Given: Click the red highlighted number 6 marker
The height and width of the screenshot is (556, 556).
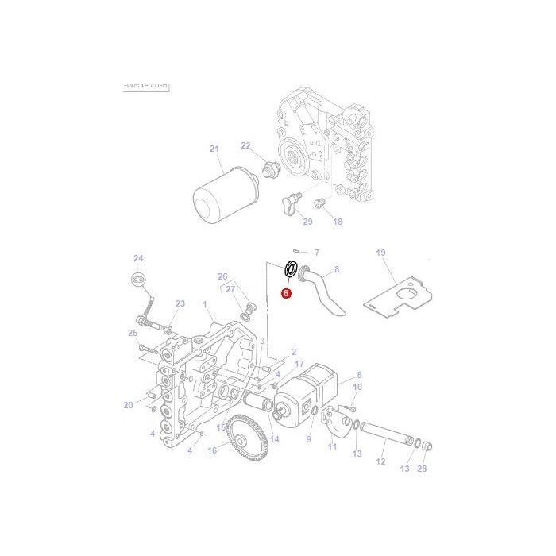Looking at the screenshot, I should [286, 293].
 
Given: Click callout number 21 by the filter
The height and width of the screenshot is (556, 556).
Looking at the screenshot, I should [214, 149].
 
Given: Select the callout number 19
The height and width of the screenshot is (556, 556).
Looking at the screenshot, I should [380, 253].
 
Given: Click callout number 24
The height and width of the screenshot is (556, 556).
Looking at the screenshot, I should [138, 258].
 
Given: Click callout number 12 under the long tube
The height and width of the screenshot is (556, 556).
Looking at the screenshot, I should [380, 461].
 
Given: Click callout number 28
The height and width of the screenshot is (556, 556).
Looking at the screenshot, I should [422, 469].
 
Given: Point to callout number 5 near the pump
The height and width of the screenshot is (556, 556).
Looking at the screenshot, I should [358, 374].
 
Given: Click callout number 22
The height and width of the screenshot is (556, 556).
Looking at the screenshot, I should [245, 145].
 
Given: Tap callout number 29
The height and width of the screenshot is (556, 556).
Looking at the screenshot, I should [307, 222].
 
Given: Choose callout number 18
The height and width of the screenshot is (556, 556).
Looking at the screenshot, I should [338, 222].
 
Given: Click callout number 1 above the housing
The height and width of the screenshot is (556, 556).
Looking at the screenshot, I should [204, 304].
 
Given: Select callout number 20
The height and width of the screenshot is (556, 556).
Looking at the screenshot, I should [128, 405].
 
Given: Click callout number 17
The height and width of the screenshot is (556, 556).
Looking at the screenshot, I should [299, 365].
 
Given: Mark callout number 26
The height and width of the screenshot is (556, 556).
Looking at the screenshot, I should [223, 276].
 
